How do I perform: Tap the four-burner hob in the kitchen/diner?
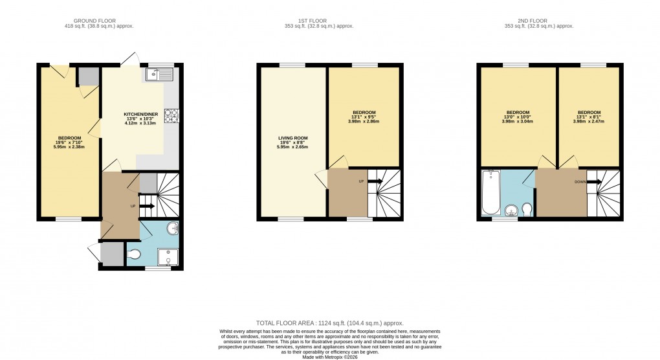(x=172, y=116)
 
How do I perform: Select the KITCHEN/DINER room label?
(x=141, y=114)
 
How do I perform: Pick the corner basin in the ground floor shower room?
(x=173, y=229)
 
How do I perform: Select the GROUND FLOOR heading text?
(x=82, y=19)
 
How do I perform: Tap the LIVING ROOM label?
(x=293, y=138)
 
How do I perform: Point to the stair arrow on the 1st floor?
(x=375, y=181)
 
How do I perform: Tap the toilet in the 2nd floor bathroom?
(x=527, y=208)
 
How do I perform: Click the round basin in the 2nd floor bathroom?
(x=511, y=209)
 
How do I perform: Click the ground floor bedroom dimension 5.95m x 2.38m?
(x=70, y=147)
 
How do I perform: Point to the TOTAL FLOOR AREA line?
(x=330, y=322)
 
